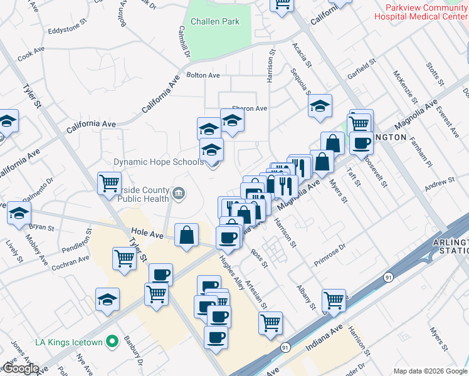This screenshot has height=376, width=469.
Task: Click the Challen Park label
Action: tap(216, 21)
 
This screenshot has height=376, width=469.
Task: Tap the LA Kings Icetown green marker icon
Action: tap(112, 342)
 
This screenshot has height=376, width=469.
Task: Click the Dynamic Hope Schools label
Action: tap(158, 162)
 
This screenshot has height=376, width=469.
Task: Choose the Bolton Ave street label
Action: tap(203, 75)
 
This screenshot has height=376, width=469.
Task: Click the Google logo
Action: tap(20, 369)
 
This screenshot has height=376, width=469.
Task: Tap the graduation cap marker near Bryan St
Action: tap(19, 213)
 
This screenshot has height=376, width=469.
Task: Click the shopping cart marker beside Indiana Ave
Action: tap(334, 300)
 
